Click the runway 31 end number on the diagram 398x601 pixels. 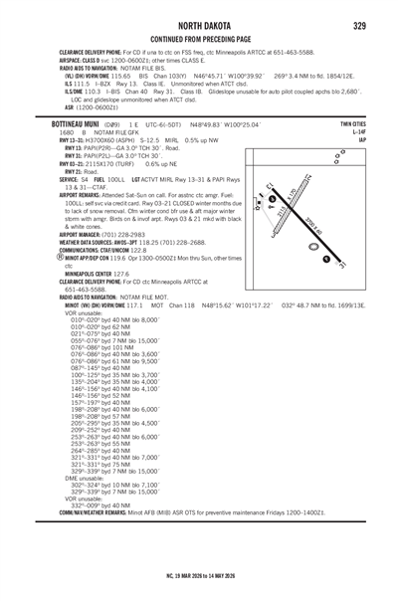pos(341,268)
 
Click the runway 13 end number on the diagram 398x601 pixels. pos(271,186)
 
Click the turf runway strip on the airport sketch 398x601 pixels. pos(290,213)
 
